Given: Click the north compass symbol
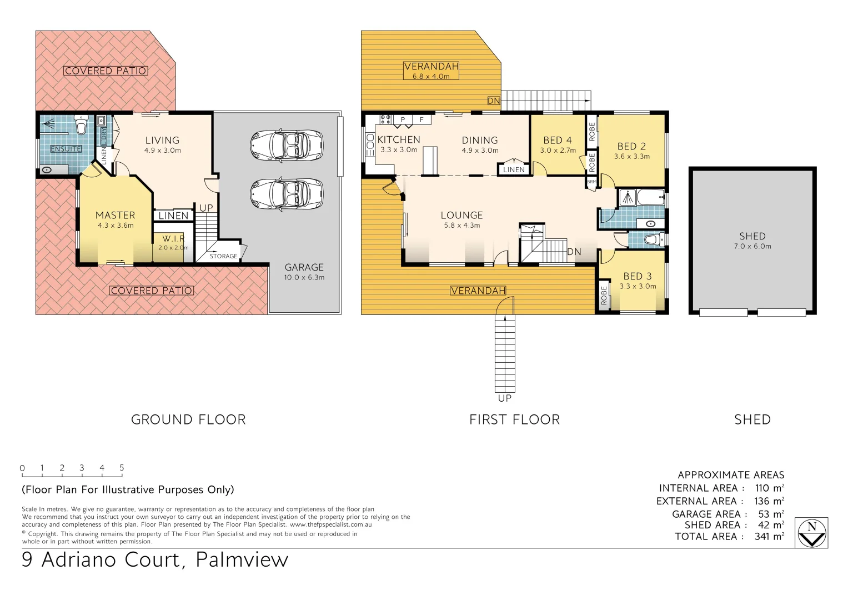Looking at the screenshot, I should [x=811, y=533].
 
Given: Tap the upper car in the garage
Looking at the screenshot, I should [x=287, y=144].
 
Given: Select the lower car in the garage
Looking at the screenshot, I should [x=287, y=194].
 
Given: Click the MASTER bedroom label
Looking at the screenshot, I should [x=115, y=215].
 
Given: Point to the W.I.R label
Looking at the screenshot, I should [x=174, y=238].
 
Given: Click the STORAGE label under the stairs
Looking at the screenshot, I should [x=223, y=256].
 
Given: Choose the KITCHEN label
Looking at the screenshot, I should [x=399, y=139].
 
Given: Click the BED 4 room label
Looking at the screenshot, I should [x=557, y=140].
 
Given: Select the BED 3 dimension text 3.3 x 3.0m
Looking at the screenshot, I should [x=638, y=287].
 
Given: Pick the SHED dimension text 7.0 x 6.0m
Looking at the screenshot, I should [x=752, y=246].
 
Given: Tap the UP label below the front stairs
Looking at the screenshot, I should [x=505, y=398].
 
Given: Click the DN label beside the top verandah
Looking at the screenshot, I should [x=494, y=101].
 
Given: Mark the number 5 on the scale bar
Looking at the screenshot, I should [x=122, y=468].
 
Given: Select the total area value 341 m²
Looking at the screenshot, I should [x=769, y=537].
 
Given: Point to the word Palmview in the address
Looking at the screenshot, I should [x=242, y=559].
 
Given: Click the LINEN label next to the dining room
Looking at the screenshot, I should [x=514, y=169].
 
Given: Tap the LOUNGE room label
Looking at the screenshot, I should [x=461, y=215].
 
